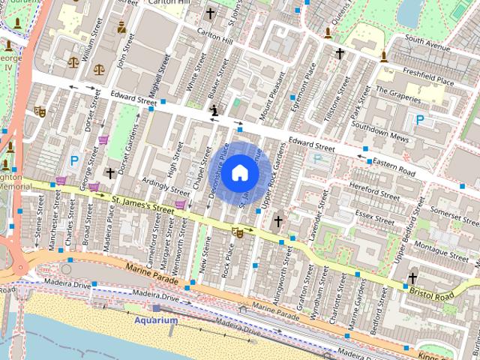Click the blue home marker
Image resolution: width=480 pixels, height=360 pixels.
pos(239,172)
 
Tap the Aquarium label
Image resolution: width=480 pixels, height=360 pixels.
pos(156,320)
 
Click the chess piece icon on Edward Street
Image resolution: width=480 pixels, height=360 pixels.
pos(215,111)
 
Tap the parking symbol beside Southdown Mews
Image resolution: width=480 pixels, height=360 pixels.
pos(419,120)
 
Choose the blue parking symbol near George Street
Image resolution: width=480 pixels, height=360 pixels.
pos(74,160)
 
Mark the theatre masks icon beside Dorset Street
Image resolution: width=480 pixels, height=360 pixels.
pos(40,112)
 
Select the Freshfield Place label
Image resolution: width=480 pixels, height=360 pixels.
pos(428,73)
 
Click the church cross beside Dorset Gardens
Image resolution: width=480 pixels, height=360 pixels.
pos(110,173)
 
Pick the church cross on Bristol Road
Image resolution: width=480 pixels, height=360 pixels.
pos(412,277)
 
